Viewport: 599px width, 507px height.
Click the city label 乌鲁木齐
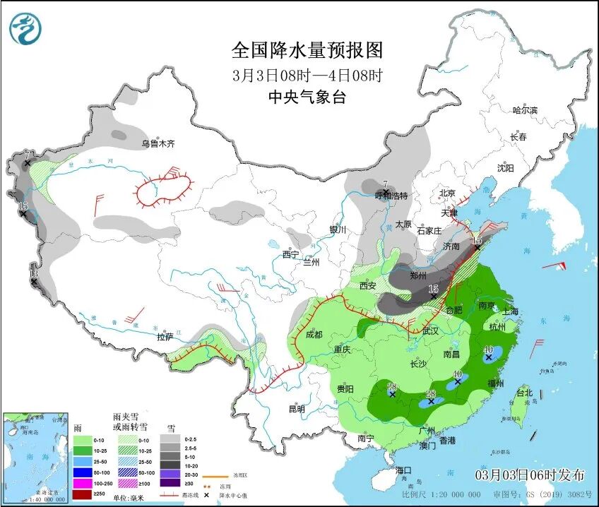click(157, 143)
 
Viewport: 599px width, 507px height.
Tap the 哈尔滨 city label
click(525, 110)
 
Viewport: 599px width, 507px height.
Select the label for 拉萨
click(165, 337)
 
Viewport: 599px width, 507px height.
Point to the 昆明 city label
click(297, 409)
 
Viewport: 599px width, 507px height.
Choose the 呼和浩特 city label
click(391, 196)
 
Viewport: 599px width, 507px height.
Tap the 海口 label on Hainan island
click(403, 470)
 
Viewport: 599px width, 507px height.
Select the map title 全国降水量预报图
click(307, 50)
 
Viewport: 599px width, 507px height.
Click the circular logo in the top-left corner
click(25, 29)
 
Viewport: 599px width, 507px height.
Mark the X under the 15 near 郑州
click(434, 298)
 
